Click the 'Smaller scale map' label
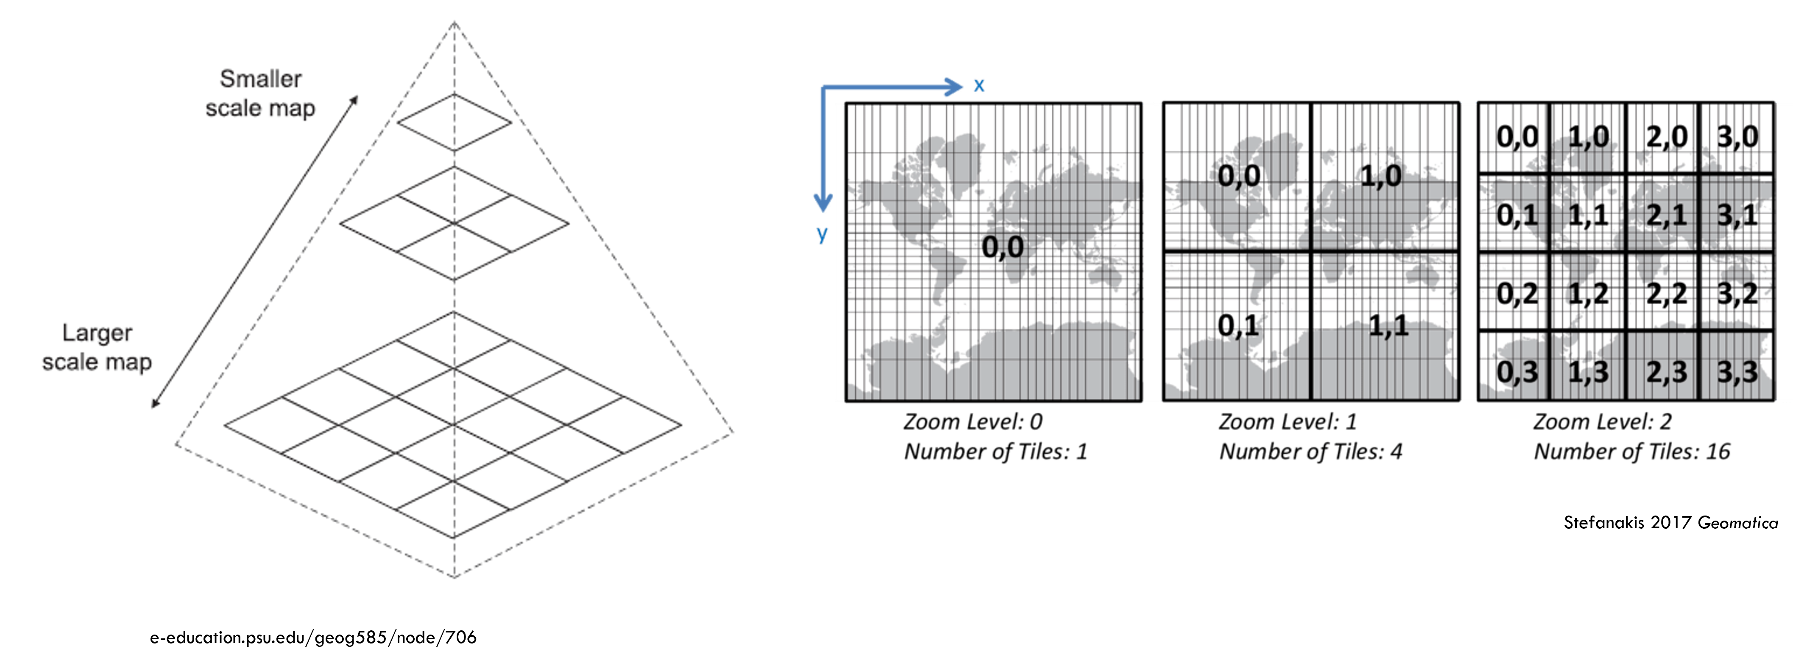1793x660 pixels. (260, 93)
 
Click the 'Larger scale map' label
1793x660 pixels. (97, 347)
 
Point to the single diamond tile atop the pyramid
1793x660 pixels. (454, 122)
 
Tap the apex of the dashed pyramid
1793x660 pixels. (454, 22)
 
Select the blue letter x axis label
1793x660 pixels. (979, 86)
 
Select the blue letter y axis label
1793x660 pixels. (822, 234)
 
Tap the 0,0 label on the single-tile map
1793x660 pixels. (1002, 247)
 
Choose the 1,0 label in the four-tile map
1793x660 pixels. (1381, 176)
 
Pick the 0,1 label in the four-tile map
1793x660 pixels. (1238, 325)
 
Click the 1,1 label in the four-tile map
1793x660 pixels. (1388, 325)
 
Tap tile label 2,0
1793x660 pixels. (1666, 137)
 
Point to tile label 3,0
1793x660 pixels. (1737, 137)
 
